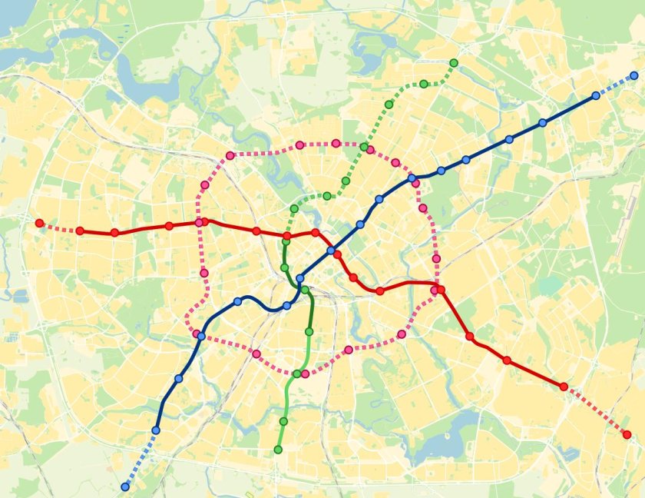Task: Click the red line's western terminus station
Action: click(x=40, y=223)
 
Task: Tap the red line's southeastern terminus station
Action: click(x=627, y=435)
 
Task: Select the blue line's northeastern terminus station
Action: click(x=633, y=76)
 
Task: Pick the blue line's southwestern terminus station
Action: click(x=125, y=486)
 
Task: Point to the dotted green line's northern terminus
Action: click(x=454, y=62)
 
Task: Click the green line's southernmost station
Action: click(x=278, y=450)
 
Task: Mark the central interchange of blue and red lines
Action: click(x=331, y=251)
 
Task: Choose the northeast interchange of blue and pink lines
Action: click(x=412, y=178)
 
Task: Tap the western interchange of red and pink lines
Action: click(x=200, y=222)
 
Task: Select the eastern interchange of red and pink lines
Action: click(x=437, y=290)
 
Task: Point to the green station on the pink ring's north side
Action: click(x=364, y=147)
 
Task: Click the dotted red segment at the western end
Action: click(x=60, y=227)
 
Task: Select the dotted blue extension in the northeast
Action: click(x=615, y=85)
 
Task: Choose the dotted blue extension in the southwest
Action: click(x=140, y=459)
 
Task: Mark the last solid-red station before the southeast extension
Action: click(x=564, y=387)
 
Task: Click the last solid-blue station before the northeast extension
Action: click(x=596, y=95)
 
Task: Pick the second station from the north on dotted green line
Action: click(x=424, y=84)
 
